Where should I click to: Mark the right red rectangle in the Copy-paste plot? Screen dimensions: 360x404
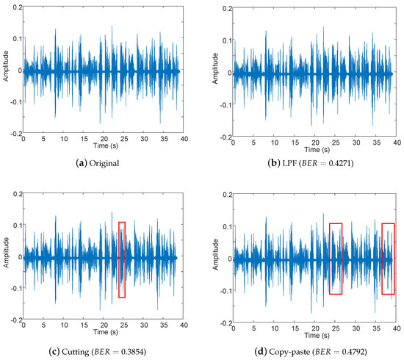(389, 259)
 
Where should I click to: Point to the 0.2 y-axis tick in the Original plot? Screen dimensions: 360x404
(15, 6)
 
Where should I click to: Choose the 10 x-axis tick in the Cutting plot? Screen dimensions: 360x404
(63, 325)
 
